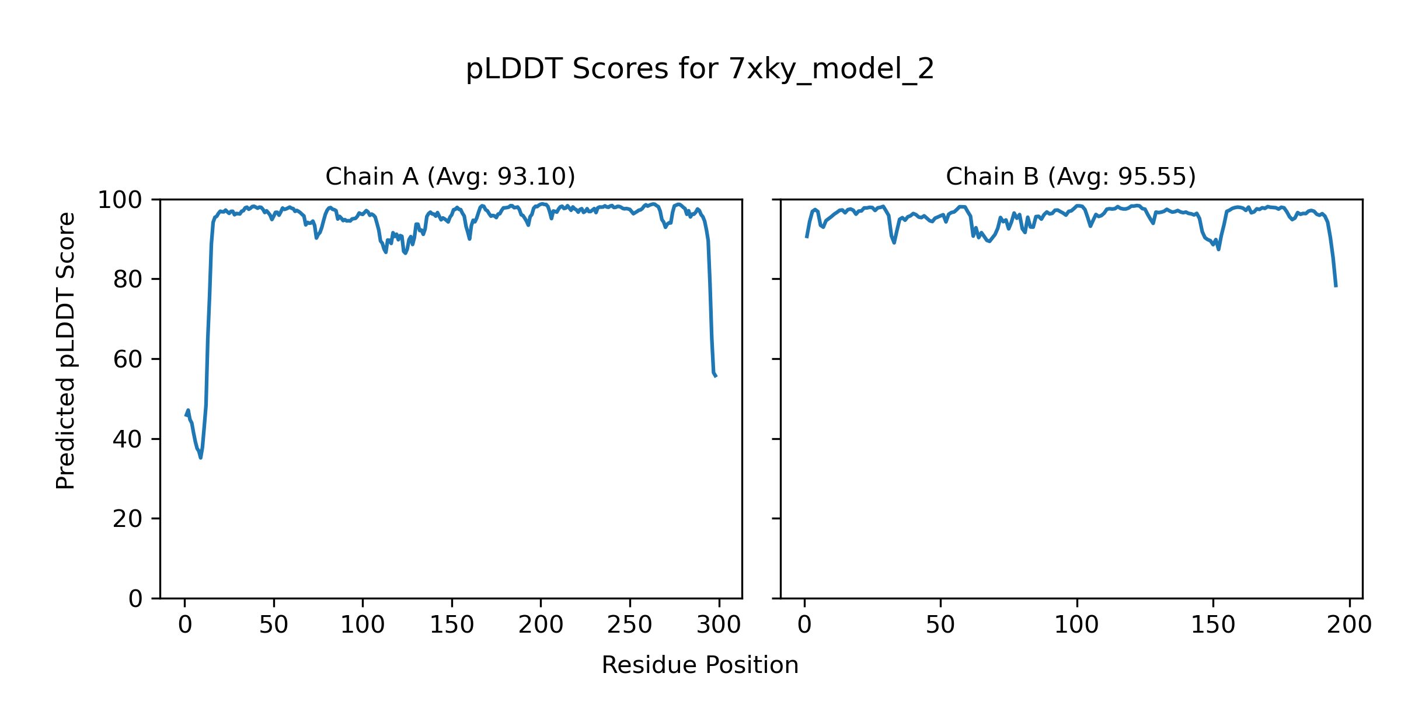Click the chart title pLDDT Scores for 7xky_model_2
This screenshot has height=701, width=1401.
(x=700, y=70)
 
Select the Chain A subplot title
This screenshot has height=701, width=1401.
(x=450, y=176)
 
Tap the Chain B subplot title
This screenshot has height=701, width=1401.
(x=1071, y=176)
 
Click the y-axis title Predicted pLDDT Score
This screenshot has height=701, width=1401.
(x=65, y=350)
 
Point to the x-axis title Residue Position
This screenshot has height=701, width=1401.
(x=700, y=665)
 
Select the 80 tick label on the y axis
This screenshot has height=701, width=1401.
(x=128, y=280)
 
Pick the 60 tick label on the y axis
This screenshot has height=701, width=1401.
(x=128, y=360)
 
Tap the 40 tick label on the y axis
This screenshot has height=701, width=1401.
(x=128, y=439)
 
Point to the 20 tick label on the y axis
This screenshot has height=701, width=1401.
(x=128, y=519)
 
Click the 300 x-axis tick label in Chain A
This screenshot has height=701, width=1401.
(x=719, y=625)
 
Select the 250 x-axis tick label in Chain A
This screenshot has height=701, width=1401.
(x=629, y=625)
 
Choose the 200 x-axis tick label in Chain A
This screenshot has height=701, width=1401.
(x=541, y=625)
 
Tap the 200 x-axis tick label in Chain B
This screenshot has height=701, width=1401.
(x=1349, y=625)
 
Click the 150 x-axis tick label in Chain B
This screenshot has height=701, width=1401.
(x=1213, y=625)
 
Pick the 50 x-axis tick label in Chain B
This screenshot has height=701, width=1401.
(x=940, y=625)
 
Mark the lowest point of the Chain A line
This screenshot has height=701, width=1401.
(x=201, y=457)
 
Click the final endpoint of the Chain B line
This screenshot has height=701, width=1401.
(x=1336, y=287)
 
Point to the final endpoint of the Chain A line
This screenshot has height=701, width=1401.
(x=716, y=376)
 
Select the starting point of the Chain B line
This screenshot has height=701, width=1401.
(x=807, y=237)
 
